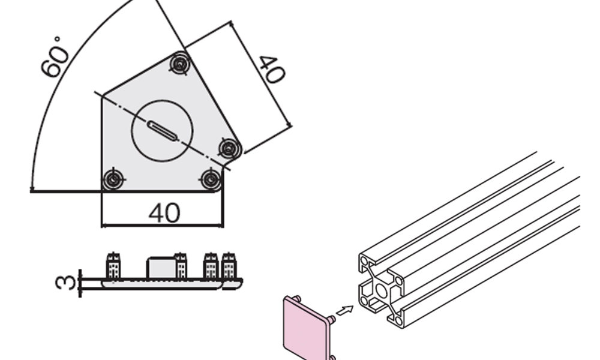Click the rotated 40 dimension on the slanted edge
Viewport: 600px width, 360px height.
pyautogui.click(x=272, y=69)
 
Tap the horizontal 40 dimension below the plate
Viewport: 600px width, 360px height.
pyautogui.click(x=164, y=213)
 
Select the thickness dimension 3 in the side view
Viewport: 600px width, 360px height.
pyautogui.click(x=65, y=282)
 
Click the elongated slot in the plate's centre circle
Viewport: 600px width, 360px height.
pyautogui.click(x=162, y=131)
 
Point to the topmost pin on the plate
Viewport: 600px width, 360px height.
pyautogui.click(x=179, y=64)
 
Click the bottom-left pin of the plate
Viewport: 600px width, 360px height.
pyautogui.click(x=113, y=179)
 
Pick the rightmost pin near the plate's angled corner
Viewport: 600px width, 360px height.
pyautogui.click(x=229, y=148)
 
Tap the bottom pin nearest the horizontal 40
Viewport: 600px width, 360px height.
pyautogui.click(x=211, y=179)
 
